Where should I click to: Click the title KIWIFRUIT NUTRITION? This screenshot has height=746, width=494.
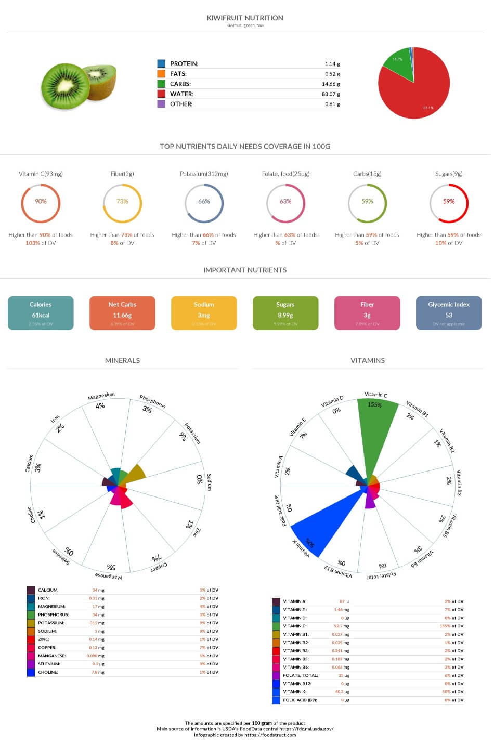pyautogui.click(x=244, y=18)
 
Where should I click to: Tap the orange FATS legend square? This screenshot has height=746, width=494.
pyautogui.click(x=161, y=74)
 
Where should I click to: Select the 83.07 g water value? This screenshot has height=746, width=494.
pyautogui.click(x=331, y=94)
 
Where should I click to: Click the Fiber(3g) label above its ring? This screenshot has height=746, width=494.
pyautogui.click(x=122, y=174)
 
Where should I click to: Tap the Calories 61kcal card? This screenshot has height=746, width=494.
pyautogui.click(x=41, y=313)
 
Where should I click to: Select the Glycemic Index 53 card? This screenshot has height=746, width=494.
pyautogui.click(x=448, y=313)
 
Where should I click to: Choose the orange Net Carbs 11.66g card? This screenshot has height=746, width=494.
pyautogui.click(x=122, y=313)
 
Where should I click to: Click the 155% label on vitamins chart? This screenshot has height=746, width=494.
pyautogui.click(x=374, y=404)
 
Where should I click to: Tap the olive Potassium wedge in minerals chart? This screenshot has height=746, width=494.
pyautogui.click(x=135, y=473)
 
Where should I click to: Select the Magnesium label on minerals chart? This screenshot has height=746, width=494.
pyautogui.click(x=101, y=397)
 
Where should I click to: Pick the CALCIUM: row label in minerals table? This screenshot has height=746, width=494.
pyautogui.click(x=48, y=590)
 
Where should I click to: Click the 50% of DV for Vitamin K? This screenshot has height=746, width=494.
pyautogui.click(x=454, y=692)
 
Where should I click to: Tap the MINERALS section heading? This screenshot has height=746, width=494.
pyautogui.click(x=122, y=360)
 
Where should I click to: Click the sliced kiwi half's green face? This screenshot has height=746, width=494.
pyautogui.click(x=65, y=86)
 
